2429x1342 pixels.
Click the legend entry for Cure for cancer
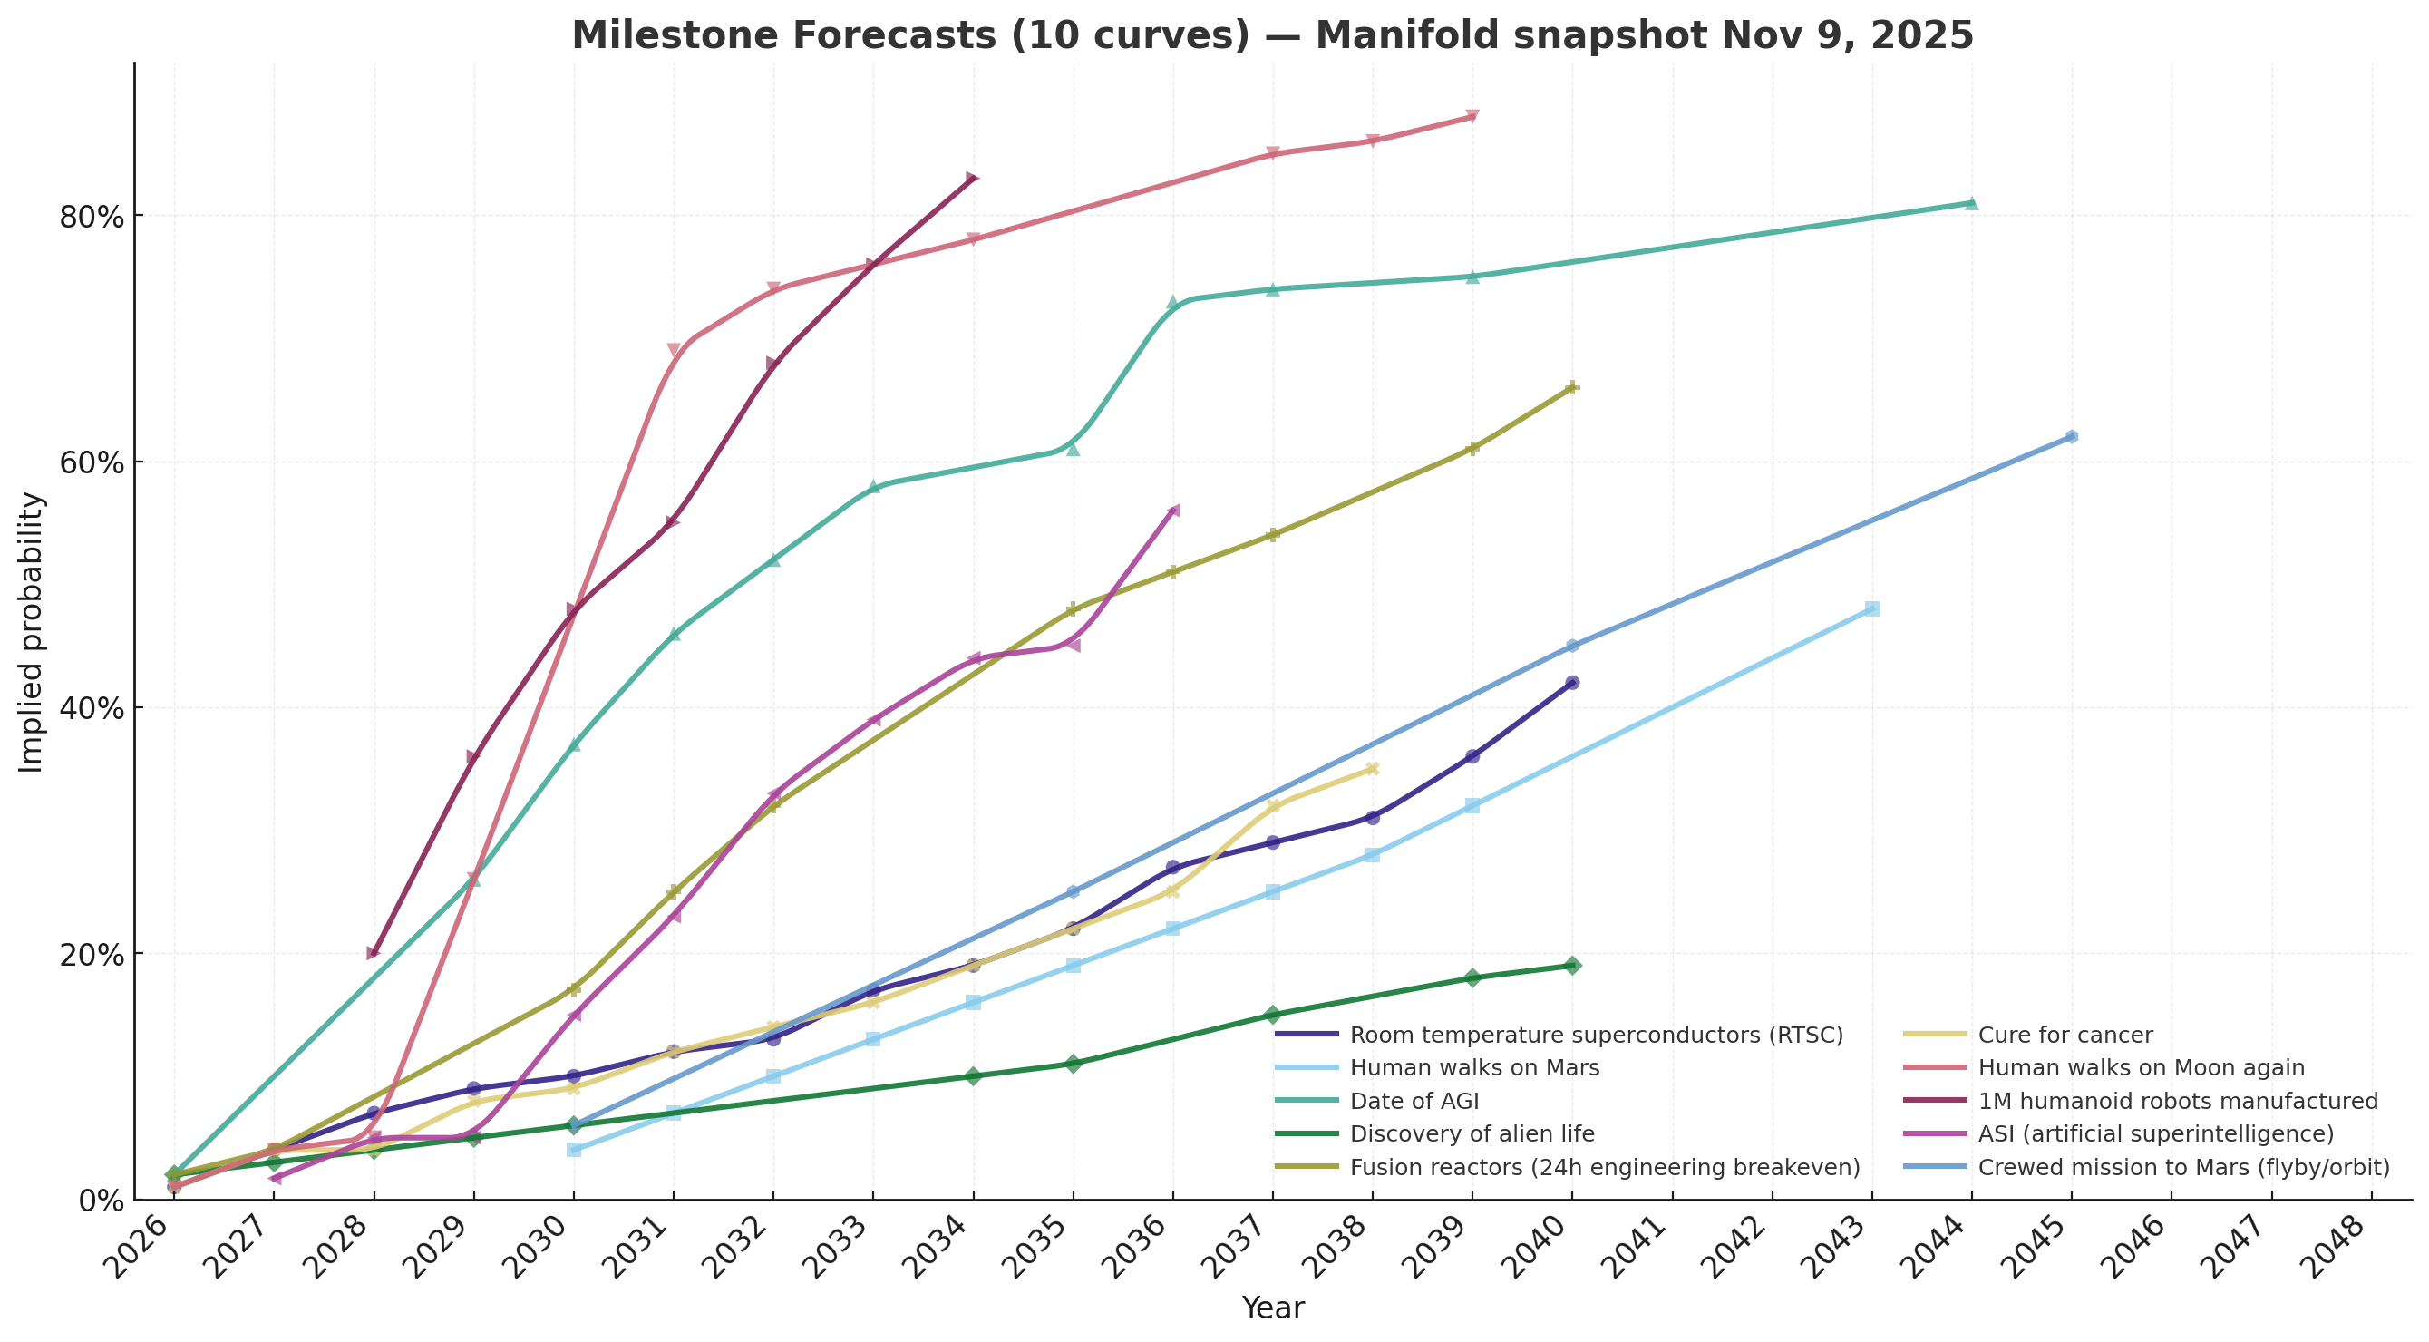[2065, 1036]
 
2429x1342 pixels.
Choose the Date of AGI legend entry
[1414, 1102]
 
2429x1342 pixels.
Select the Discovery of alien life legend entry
[1472, 1134]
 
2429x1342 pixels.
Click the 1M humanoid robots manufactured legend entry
[2178, 1102]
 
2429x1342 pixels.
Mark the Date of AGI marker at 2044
[1971, 203]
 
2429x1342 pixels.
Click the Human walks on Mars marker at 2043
[1871, 609]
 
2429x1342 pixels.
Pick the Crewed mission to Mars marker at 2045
[2071, 437]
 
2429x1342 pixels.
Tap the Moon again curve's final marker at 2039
[1472, 117]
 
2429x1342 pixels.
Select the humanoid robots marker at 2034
[972, 179]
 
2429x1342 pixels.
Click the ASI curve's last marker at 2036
[1173, 511]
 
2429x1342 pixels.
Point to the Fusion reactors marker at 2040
[1572, 387]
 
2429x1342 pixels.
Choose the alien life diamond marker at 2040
[1572, 966]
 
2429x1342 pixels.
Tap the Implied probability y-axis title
[32, 632]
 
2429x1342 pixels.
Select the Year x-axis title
[1273, 1309]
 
